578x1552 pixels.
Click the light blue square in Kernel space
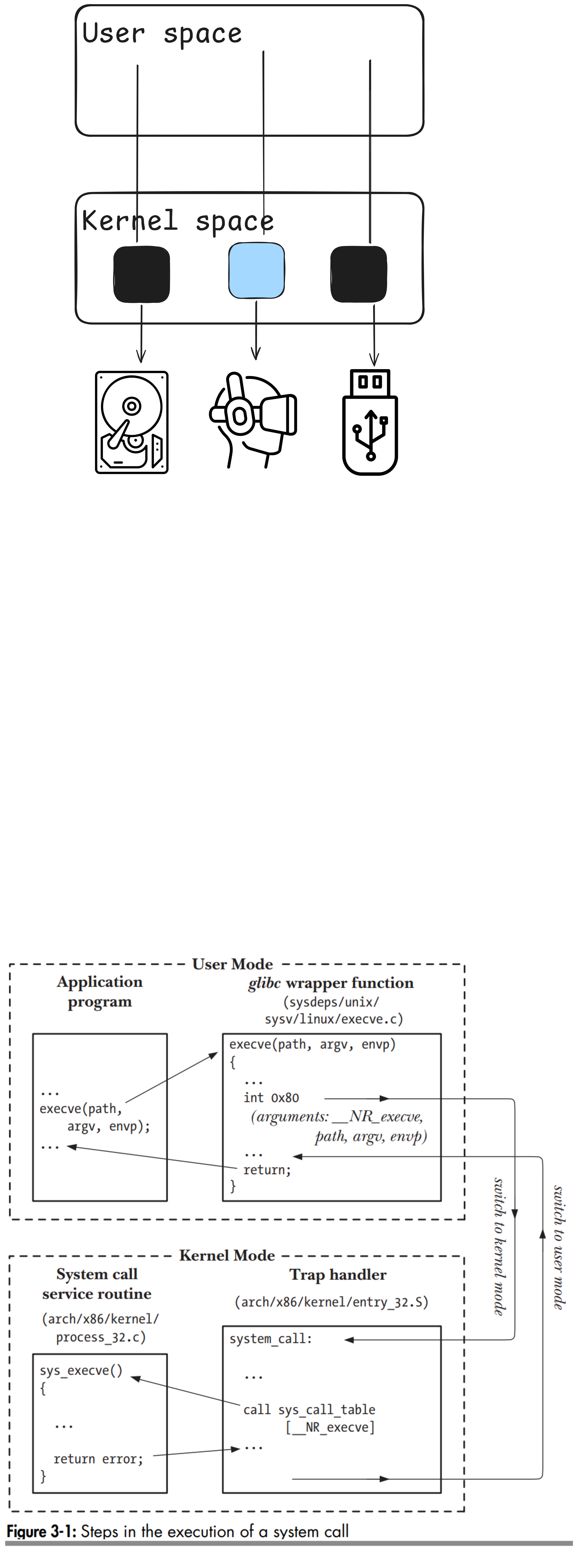click(x=257, y=270)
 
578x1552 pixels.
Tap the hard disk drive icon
click(x=132, y=422)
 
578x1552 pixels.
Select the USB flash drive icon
click(x=370, y=422)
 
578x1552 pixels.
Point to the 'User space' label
click(x=162, y=33)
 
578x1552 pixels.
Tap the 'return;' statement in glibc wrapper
click(x=267, y=1170)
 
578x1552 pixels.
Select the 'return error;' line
click(x=98, y=1459)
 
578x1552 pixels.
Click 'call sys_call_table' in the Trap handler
click(x=309, y=1410)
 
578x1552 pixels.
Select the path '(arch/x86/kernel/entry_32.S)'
click(x=331, y=1303)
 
